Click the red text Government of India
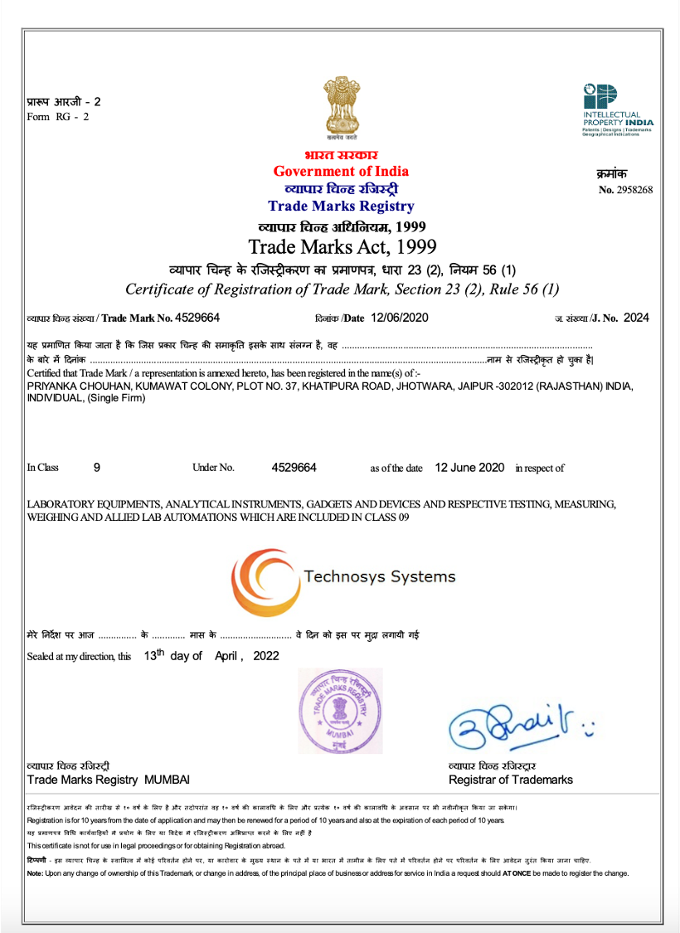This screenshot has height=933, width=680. pos(341,172)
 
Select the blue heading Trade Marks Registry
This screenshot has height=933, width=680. pos(341,207)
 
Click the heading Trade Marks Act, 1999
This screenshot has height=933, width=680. pos(342,246)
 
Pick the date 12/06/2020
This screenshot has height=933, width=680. pos(401,318)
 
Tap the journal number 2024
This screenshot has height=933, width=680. pos(636,318)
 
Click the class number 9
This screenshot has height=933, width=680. pos(97,468)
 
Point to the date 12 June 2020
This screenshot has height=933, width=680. pos(469,468)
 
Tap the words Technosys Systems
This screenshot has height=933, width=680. pos(379,576)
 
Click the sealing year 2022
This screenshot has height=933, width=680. pos(265,656)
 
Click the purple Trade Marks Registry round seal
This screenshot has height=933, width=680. pos(340,708)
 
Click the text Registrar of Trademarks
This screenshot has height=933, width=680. pos(510,780)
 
